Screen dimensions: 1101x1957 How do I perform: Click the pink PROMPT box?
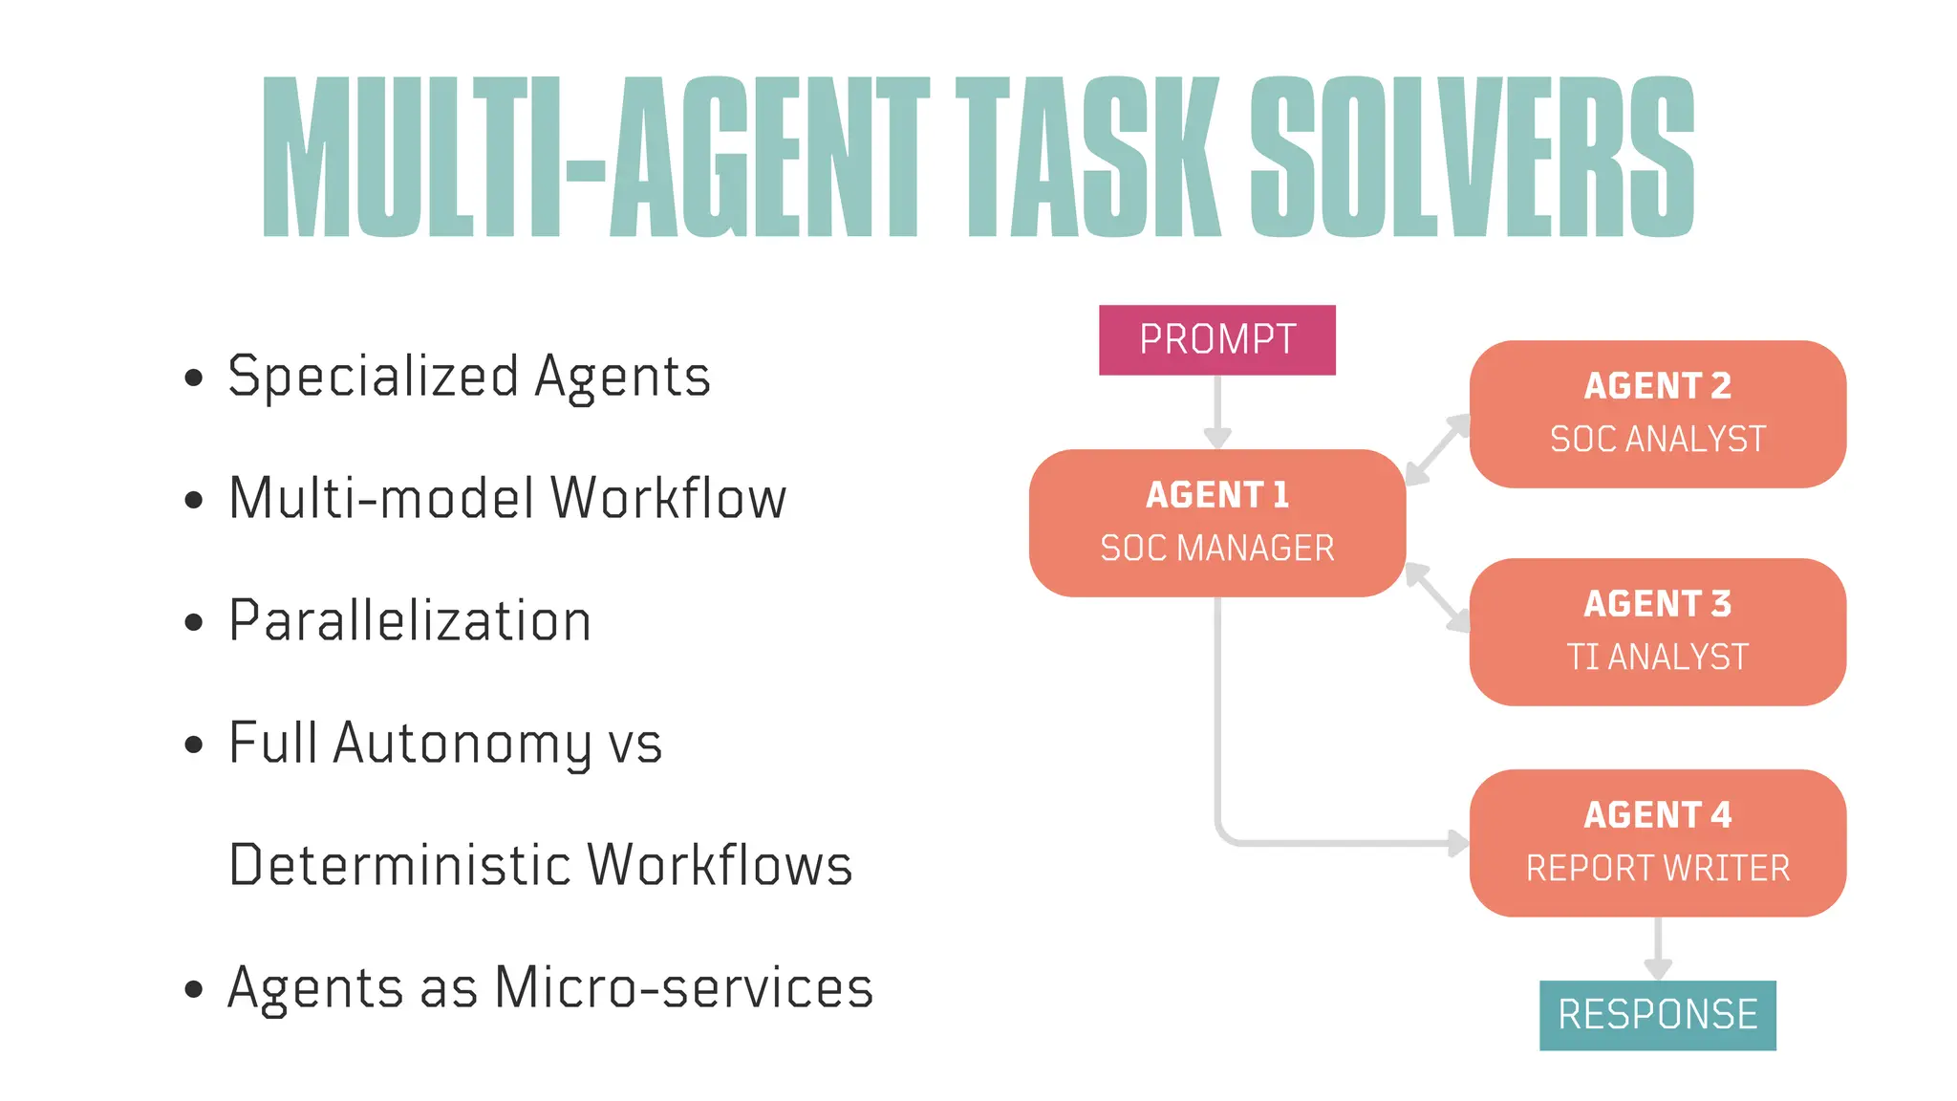click(x=1216, y=340)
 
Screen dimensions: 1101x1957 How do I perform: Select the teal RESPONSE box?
click(x=1657, y=1015)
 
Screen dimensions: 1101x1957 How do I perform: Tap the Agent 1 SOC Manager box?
click(x=1216, y=523)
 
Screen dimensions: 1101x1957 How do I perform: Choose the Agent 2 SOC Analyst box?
click(x=1657, y=414)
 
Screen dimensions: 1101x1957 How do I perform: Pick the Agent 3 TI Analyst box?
click(x=1657, y=632)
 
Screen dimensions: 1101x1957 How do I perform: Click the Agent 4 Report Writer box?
click(x=1657, y=843)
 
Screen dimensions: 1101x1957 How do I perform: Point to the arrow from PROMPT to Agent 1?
click(x=1217, y=411)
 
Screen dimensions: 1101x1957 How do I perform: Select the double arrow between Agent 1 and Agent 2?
click(x=1437, y=449)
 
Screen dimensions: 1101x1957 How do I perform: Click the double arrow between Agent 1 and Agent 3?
click(x=1437, y=597)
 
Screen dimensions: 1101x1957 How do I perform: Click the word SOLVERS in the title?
click(x=1472, y=158)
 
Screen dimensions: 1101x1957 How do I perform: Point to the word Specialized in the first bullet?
click(x=373, y=377)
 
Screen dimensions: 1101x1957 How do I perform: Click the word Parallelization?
click(x=410, y=621)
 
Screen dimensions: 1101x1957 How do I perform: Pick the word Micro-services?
click(x=683, y=988)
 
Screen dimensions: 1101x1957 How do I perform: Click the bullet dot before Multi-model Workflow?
click(x=194, y=500)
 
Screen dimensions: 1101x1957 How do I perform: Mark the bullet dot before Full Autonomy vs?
click(x=194, y=745)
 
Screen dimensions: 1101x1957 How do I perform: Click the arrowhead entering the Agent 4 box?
click(x=1458, y=843)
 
